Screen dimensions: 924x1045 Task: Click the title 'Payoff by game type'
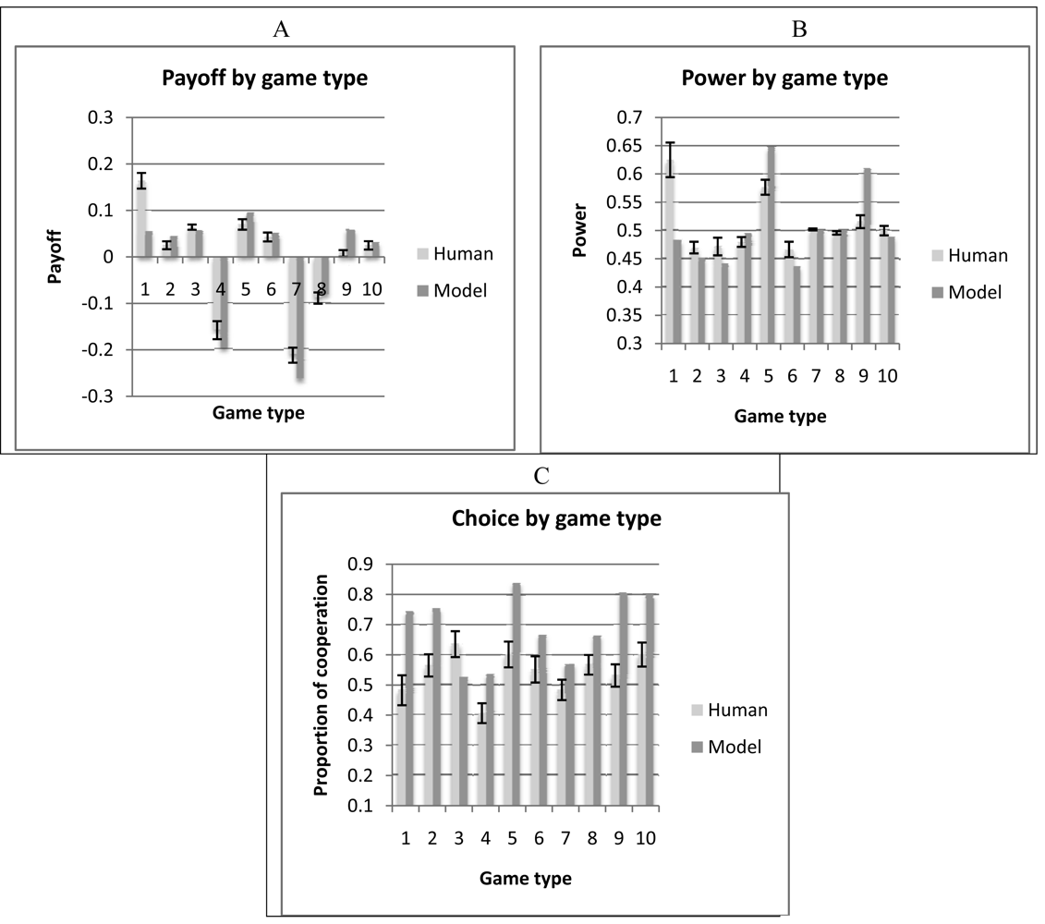coord(264,79)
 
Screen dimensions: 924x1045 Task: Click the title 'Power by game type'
coord(784,79)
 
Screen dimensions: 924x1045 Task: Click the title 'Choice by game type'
coord(556,519)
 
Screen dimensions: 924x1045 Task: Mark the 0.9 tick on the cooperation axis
coord(359,565)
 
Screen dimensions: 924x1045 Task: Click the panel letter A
coord(282,29)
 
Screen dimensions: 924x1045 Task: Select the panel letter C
coord(541,476)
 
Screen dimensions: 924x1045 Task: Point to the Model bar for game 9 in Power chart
coord(866,268)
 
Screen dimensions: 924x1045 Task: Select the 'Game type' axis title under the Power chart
coord(780,416)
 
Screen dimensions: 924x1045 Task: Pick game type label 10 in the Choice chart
coord(645,837)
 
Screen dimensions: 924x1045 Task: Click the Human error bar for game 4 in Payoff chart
coord(218,331)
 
